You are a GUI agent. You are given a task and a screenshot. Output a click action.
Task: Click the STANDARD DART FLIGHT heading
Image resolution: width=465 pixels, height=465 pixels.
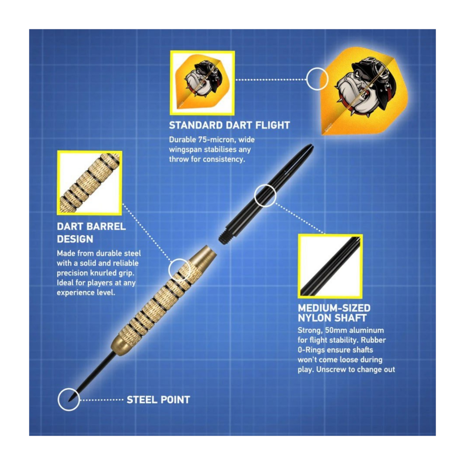pos(229,125)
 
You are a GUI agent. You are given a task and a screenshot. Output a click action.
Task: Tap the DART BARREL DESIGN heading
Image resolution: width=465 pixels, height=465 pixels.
pos(91,232)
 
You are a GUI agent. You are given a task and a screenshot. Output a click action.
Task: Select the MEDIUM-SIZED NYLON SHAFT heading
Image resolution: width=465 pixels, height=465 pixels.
pos(334,313)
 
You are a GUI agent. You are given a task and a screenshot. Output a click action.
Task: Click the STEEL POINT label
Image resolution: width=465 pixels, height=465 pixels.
pos(158,400)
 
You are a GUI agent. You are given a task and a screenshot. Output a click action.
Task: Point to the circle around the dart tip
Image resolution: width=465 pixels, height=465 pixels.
pos(69,400)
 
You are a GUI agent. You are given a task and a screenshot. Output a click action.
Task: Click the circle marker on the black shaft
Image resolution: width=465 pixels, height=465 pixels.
pos(265,196)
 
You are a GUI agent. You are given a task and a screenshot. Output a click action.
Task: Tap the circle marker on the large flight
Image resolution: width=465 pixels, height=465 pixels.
pos(317,79)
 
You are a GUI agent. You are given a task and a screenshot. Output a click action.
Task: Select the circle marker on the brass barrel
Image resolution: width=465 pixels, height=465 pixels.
pos(180,270)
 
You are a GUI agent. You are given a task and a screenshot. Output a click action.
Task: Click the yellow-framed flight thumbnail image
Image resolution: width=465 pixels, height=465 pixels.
pos(202,83)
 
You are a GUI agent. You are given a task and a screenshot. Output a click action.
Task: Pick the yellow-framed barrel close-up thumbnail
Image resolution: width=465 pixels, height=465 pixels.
pos(89,183)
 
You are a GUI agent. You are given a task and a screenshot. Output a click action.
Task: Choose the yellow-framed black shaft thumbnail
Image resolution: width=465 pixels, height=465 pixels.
pos(330,266)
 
